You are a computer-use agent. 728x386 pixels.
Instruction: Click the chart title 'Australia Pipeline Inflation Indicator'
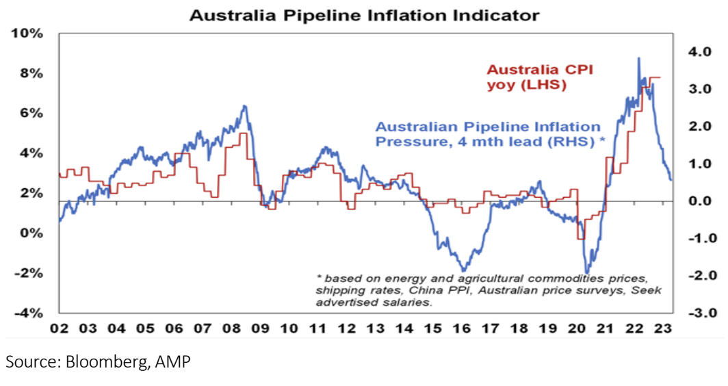tap(364, 14)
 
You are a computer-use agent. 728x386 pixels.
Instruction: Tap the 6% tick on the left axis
tap(31, 113)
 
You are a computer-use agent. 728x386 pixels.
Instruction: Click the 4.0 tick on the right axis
tap(698, 52)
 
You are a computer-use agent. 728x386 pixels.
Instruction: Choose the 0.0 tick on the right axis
tap(698, 201)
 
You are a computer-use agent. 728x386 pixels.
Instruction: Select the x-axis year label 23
tap(663, 328)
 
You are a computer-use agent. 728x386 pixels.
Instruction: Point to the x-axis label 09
tap(260, 328)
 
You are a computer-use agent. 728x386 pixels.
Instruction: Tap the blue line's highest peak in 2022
tap(638, 58)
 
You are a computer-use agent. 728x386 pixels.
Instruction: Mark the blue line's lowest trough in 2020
tap(586, 272)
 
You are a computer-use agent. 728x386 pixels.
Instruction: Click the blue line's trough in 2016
tap(464, 270)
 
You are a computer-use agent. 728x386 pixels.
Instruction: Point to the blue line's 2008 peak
tap(244, 105)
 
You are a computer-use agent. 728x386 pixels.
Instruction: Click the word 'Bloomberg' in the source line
tap(105, 363)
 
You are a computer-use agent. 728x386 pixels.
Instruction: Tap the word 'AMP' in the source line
tap(171, 363)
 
